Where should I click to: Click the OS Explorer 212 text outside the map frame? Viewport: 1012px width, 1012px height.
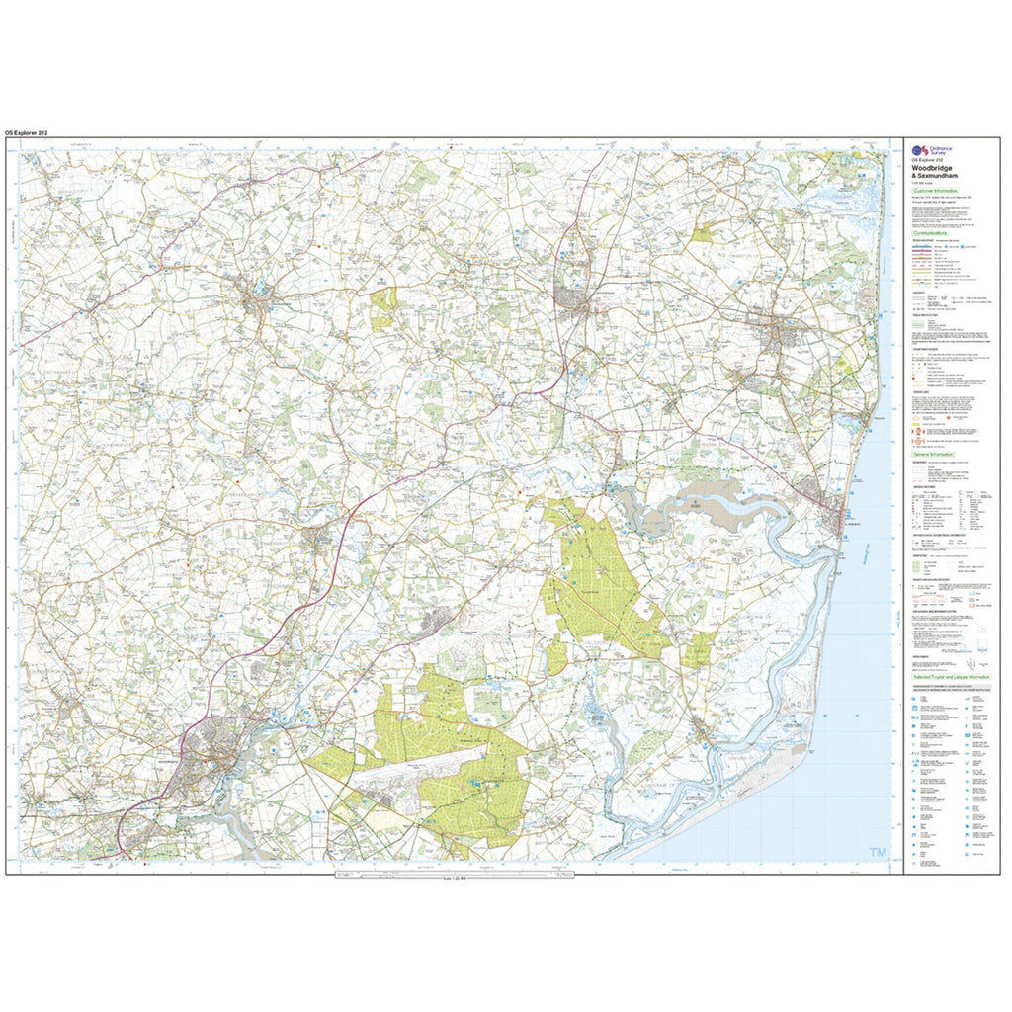pyautogui.click(x=27, y=132)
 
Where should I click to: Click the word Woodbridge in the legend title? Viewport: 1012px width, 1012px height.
pyautogui.click(x=935, y=167)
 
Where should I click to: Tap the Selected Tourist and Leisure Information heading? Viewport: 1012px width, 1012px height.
pyautogui.click(x=950, y=677)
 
